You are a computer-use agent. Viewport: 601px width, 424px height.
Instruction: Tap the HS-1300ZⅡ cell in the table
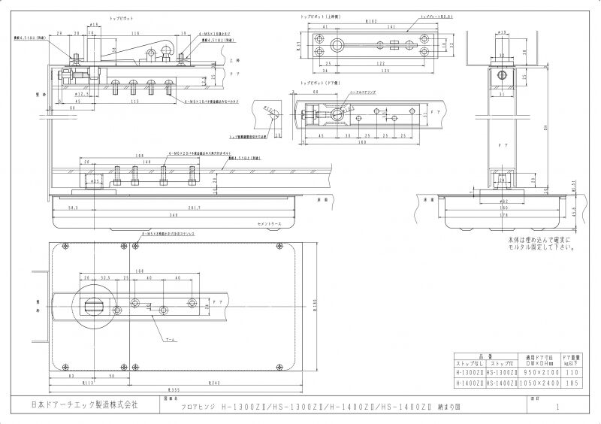[x=500, y=372]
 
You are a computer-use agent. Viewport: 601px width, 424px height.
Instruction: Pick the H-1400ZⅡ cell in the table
[x=470, y=383]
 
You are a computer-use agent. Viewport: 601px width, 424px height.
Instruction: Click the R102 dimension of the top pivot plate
[x=371, y=23]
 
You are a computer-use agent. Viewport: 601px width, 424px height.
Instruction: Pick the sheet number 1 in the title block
[x=558, y=406]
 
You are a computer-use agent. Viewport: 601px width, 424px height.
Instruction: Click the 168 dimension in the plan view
[x=140, y=271]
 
